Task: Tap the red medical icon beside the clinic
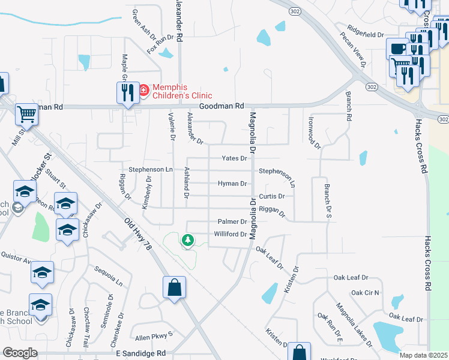(143, 91)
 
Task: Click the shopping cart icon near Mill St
(26, 113)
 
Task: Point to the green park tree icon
(188, 240)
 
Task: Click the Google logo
(20, 353)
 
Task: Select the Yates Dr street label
(234, 158)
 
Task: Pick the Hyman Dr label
(232, 184)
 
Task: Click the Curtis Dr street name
(272, 196)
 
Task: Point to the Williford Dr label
(231, 234)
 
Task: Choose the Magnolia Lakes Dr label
(354, 325)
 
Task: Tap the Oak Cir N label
(365, 293)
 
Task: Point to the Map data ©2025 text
(423, 355)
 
